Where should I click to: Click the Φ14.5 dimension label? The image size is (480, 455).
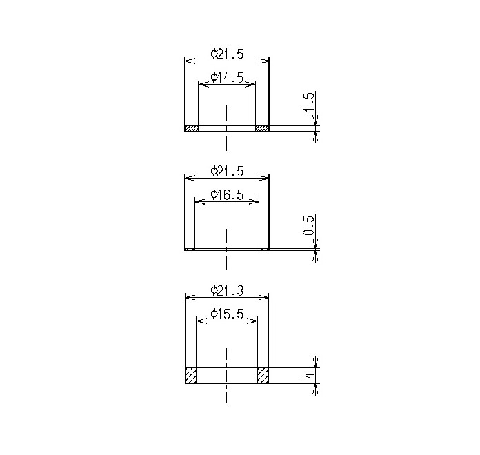[227, 78]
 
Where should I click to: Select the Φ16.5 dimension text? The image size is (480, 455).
[227, 194]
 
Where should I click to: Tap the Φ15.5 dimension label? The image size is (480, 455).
[227, 314]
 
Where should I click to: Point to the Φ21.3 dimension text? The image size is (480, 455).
[227, 290]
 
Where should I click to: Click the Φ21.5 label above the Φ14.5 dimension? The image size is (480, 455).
[227, 54]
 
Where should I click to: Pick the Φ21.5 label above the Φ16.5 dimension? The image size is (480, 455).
[227, 171]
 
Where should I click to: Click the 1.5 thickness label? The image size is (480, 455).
[309, 102]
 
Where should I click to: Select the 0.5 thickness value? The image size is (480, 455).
[309, 226]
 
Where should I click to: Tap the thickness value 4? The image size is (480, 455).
[310, 375]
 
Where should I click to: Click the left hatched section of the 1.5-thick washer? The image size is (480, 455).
[192, 128]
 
